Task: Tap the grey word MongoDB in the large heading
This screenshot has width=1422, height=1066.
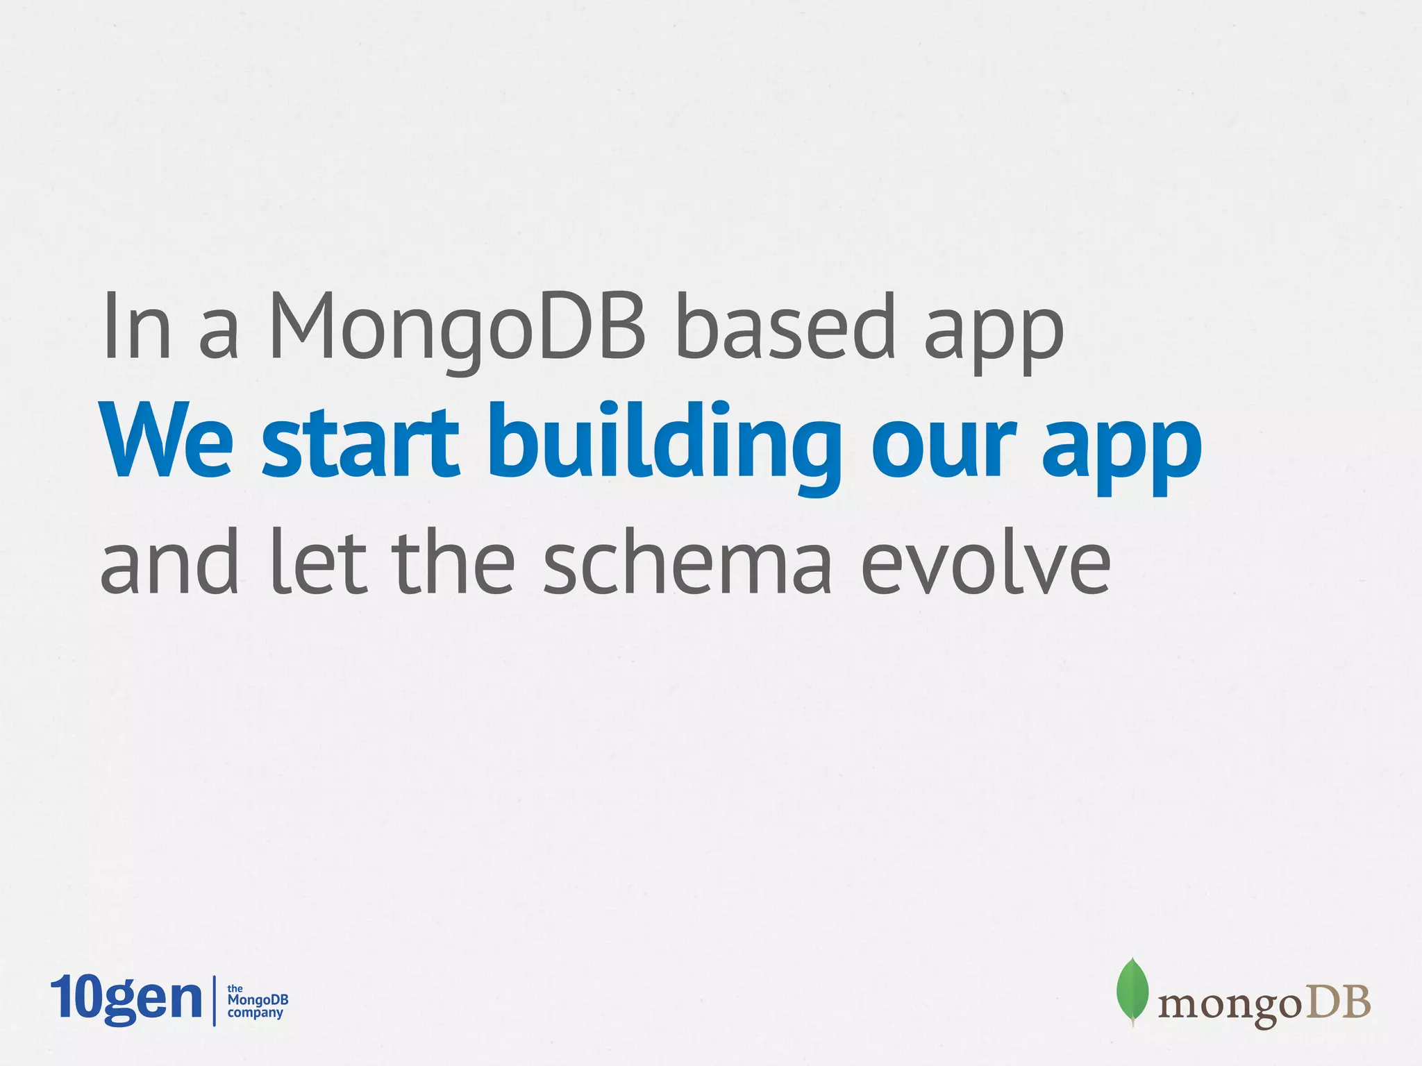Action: tap(458, 328)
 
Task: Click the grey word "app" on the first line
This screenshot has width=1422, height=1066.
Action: tap(994, 333)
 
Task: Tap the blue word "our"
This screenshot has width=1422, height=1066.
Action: tap(944, 448)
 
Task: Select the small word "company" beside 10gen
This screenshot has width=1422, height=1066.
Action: tap(256, 1013)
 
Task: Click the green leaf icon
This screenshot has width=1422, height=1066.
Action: tap(1132, 991)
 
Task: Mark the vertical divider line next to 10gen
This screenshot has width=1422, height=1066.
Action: tap(214, 1000)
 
